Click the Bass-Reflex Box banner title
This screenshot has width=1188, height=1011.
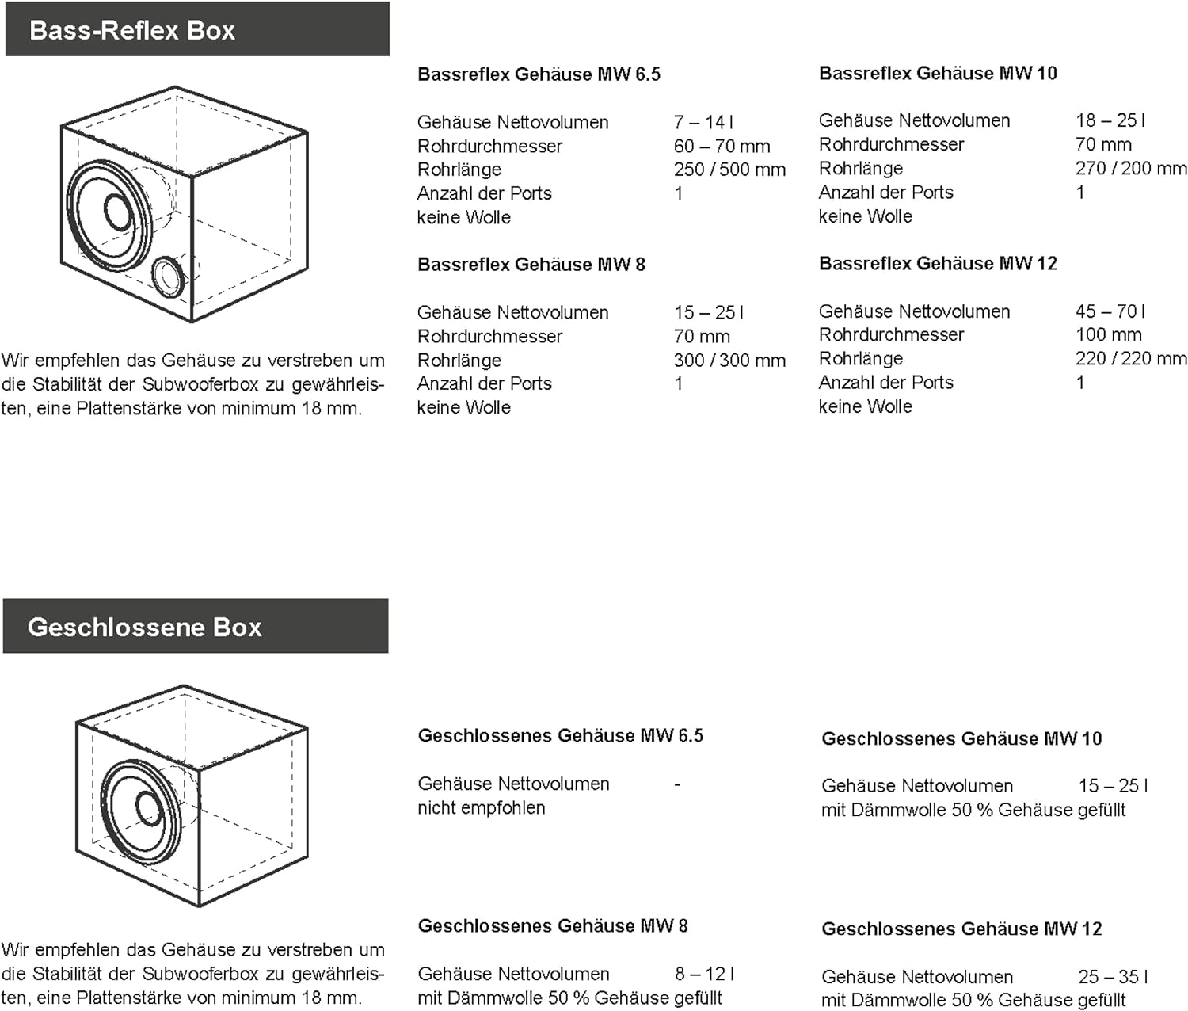tap(132, 31)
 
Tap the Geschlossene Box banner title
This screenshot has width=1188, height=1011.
tap(144, 628)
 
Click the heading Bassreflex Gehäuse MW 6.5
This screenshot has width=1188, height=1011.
tap(539, 74)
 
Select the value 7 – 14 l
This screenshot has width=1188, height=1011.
tap(703, 122)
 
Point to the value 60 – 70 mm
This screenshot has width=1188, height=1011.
tap(722, 146)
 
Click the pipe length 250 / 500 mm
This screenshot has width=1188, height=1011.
tap(729, 170)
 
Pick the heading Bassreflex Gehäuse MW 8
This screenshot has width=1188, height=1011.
tap(531, 265)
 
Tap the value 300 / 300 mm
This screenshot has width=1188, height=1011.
tap(729, 361)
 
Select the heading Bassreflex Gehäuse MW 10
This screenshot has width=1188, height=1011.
tap(938, 74)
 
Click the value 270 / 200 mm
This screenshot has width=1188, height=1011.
tap(1131, 169)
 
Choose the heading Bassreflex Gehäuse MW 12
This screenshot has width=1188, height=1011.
tap(938, 264)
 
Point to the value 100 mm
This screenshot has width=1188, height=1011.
tap(1108, 335)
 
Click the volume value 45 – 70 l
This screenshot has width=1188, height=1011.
tap(1110, 311)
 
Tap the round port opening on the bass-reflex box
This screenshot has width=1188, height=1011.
tap(169, 277)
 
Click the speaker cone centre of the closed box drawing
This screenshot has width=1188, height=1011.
tap(147, 808)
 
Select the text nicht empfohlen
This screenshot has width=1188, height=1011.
tap(481, 808)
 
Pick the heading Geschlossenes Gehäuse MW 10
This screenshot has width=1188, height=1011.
tap(961, 739)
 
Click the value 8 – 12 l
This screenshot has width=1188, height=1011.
tap(704, 974)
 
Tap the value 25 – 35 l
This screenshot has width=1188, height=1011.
tap(1113, 977)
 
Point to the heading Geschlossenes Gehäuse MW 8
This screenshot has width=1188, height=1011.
tap(553, 926)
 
